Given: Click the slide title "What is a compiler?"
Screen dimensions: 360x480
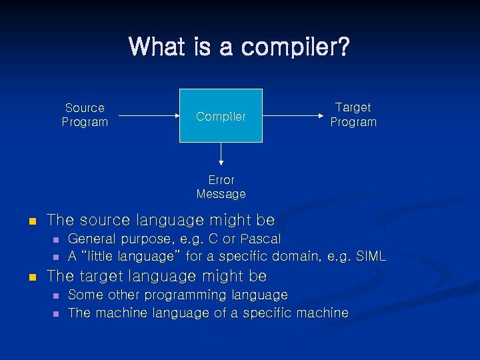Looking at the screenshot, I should click(x=239, y=47).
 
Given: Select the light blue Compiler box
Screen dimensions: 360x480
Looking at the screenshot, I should click(x=221, y=115).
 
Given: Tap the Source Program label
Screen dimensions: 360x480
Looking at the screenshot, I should click(x=85, y=115).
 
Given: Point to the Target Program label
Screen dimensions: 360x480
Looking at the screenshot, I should click(x=353, y=115).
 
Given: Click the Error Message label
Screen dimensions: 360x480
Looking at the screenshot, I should click(x=221, y=187).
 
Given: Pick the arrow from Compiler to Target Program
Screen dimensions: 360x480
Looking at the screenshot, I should click(x=293, y=116).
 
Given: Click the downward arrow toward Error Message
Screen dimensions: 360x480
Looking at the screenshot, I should click(x=221, y=155).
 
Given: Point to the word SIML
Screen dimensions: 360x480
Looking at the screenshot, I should click(x=370, y=256).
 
